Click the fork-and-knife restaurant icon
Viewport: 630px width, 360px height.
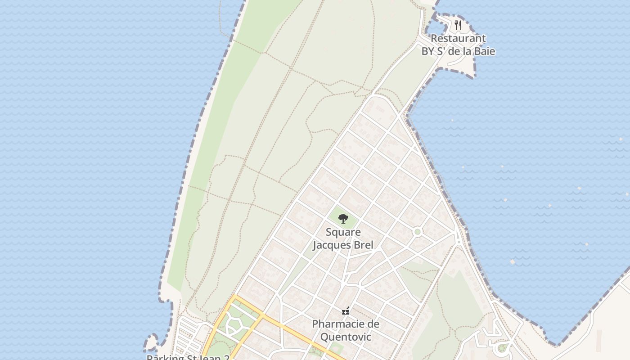458,25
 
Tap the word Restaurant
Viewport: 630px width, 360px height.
458,39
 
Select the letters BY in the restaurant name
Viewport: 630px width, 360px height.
428,51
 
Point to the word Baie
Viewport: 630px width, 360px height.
483,51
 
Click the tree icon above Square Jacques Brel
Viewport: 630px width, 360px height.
343,219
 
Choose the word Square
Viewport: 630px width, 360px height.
343,233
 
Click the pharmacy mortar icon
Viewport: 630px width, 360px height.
346,311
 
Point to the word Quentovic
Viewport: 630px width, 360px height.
346,337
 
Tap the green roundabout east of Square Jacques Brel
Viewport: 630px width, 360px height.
418,232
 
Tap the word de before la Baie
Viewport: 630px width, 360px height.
456,51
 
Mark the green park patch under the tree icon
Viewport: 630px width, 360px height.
343,223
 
